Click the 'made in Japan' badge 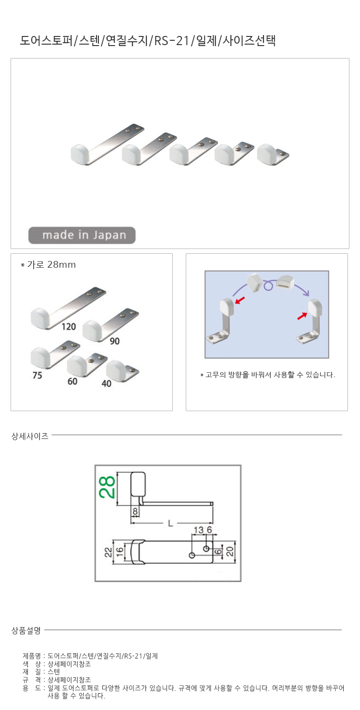coord(82,235)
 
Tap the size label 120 coord(69,327)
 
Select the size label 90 coord(115,341)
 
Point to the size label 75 coord(37,375)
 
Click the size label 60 coord(72,381)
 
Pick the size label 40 coord(106,383)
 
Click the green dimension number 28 coord(107,487)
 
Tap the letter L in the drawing coord(170,523)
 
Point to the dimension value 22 coord(108,552)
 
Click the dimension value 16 coord(120,552)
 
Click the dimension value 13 coord(199,530)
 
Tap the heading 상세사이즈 coord(30,436)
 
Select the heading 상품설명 coord(26,630)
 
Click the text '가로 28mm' coord(51,265)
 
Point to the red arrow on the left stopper coord(240,300)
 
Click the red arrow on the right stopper coord(302,316)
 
